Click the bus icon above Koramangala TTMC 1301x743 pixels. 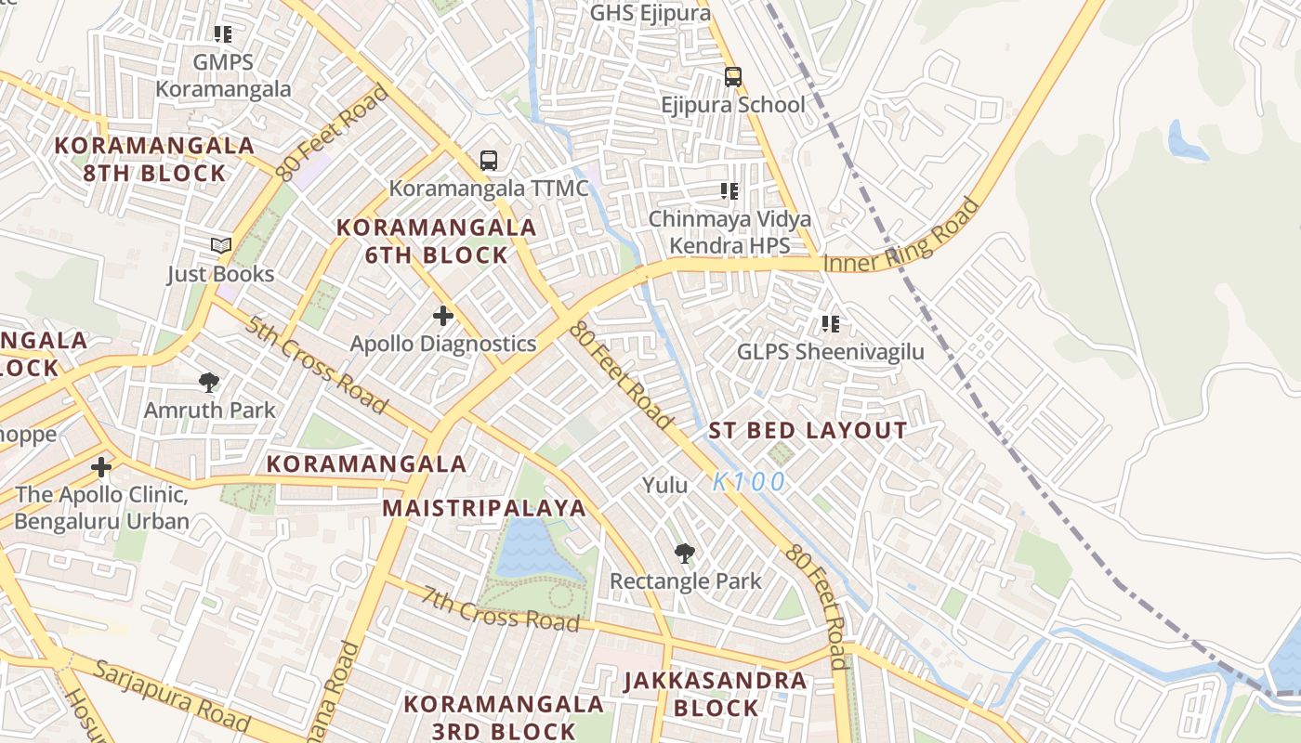pos(489,160)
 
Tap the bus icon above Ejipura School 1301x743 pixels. pos(733,76)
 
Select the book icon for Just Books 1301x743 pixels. pos(220,245)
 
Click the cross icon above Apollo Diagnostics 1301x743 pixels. pos(443,316)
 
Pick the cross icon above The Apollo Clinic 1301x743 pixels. pos(101,466)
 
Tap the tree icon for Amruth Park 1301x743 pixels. pos(209,382)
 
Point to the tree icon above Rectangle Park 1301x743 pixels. pos(685,554)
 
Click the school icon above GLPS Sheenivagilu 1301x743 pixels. pos(830,324)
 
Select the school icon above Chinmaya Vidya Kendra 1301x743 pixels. pos(729,191)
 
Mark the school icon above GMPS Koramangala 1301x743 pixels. pos(223,34)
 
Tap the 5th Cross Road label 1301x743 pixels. pos(316,365)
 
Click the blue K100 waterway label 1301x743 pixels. pos(749,482)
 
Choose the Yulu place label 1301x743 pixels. pos(665,485)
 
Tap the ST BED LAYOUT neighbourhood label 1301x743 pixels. pos(808,430)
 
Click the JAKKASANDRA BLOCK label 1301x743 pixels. pos(716,694)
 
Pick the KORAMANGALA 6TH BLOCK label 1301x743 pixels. pos(436,241)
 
